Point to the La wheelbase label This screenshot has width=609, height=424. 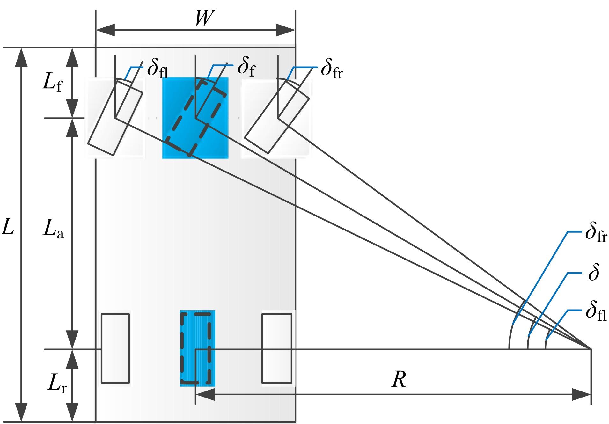(x=53, y=229)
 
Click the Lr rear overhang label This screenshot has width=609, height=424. (x=57, y=383)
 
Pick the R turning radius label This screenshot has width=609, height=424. (x=399, y=380)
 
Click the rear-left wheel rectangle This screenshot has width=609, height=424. (x=115, y=348)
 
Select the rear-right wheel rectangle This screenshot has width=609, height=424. (x=277, y=348)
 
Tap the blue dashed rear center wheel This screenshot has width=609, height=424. (x=195, y=348)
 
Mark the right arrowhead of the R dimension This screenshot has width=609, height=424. (x=582, y=395)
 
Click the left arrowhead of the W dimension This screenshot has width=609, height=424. (x=105, y=30)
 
